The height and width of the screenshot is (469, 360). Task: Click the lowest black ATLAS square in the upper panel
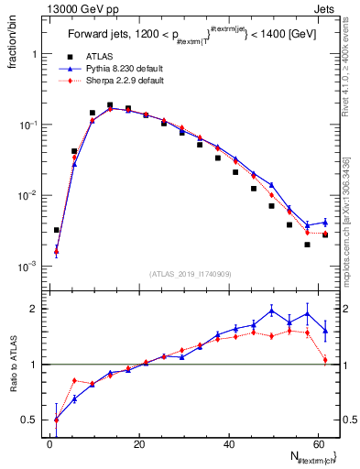pyautogui.click(x=308, y=245)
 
